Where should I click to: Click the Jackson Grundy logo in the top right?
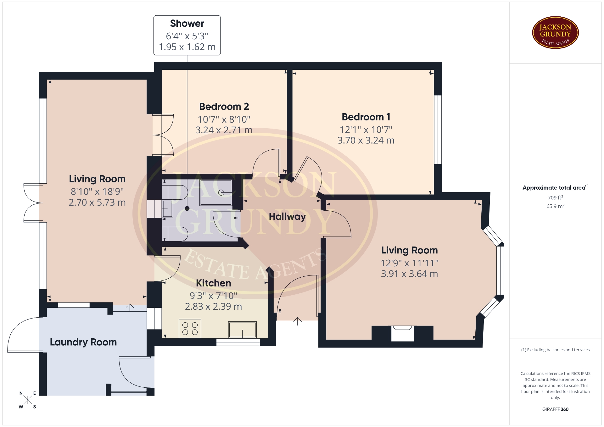555,33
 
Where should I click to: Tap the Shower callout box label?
187,24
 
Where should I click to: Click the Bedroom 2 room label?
224,107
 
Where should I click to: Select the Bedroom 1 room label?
366,117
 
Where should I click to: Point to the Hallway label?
287,217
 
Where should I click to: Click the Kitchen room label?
213,283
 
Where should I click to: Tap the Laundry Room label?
83,342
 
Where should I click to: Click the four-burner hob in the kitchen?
190,329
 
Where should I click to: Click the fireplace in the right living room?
402,333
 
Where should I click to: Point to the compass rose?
28,400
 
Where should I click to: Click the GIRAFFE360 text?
555,409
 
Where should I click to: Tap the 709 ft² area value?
555,197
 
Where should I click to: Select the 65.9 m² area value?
555,206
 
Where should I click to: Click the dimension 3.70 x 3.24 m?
366,140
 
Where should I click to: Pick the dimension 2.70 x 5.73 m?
97,202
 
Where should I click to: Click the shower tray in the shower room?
216,192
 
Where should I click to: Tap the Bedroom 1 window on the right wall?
438,130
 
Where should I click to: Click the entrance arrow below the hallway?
297,321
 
